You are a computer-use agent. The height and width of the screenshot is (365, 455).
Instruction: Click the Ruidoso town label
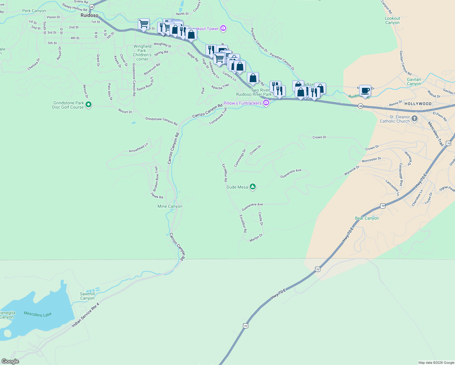[89, 15]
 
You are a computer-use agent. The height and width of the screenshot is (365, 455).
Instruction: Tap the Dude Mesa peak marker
[252, 187]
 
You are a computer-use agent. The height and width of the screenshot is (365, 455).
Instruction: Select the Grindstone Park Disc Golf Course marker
[89, 105]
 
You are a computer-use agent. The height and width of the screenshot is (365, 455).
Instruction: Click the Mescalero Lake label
[38, 314]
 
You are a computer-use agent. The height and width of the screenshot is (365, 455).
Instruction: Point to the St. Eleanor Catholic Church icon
[414, 119]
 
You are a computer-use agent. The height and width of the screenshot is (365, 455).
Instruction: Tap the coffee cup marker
[365, 91]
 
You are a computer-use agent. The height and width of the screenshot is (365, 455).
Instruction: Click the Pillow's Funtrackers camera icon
[266, 103]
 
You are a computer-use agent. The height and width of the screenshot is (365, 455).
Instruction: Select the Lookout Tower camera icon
[224, 29]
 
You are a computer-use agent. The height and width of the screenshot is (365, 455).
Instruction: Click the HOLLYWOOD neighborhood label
[418, 104]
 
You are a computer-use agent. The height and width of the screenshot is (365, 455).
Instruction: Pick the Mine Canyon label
[170, 206]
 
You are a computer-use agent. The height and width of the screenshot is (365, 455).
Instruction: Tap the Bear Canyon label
[367, 218]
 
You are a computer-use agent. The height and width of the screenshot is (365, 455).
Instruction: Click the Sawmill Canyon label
[87, 296]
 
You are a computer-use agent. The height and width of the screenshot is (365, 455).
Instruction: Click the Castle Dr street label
[261, 219]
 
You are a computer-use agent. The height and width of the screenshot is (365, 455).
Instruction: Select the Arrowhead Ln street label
[138, 148]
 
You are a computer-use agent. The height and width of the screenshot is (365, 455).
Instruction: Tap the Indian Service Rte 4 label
[85, 315]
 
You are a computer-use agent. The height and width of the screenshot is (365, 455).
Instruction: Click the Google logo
[10, 361]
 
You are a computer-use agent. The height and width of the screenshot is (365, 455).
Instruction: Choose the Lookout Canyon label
[392, 20]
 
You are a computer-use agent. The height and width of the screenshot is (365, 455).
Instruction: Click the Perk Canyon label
[34, 11]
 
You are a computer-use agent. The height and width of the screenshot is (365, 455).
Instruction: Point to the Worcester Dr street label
[371, 160]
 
